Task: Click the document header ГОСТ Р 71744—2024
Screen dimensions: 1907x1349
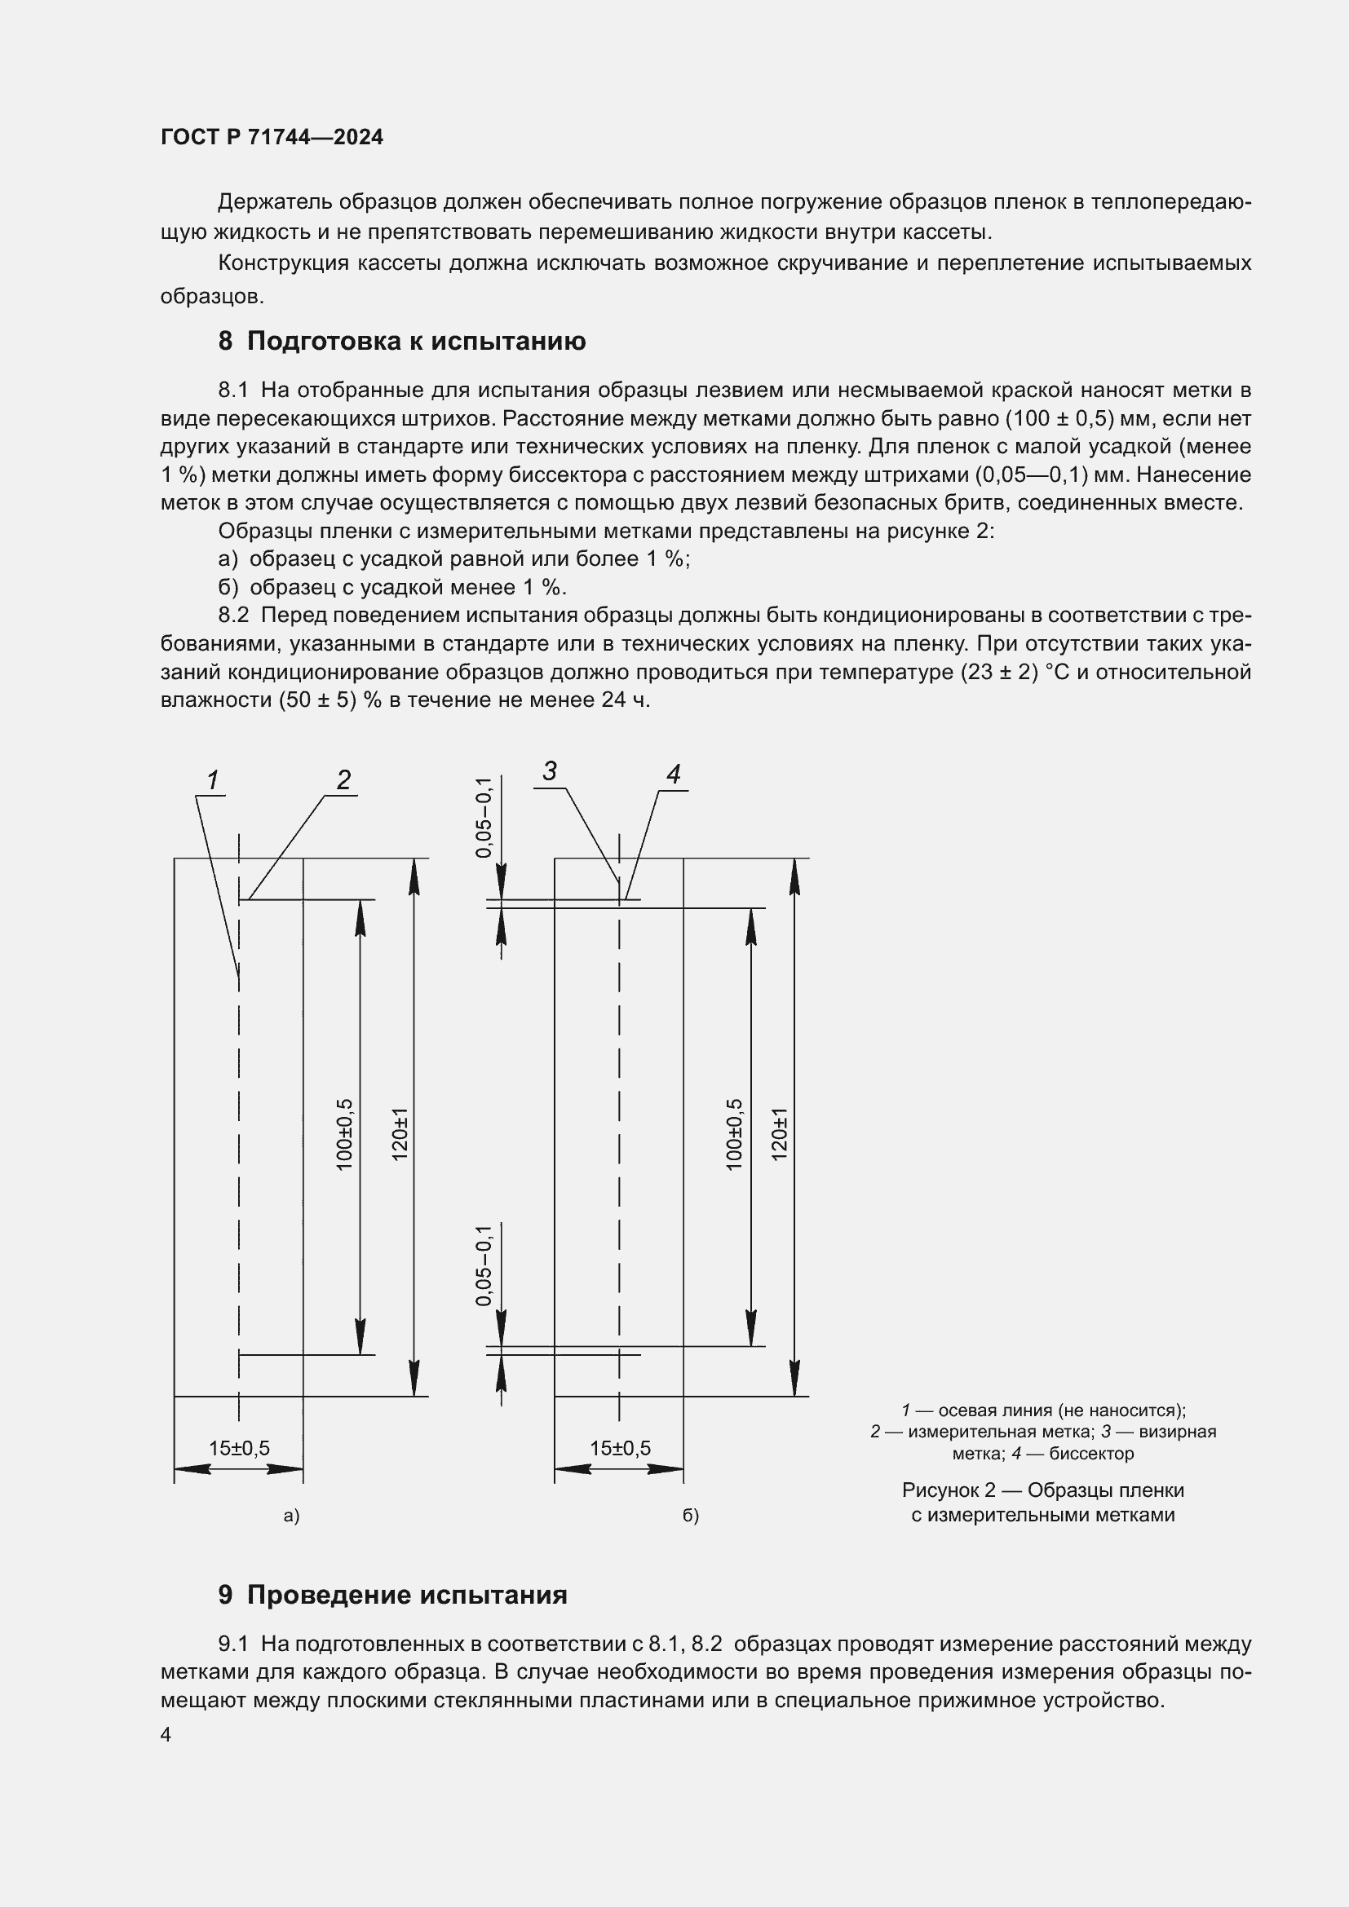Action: tap(272, 137)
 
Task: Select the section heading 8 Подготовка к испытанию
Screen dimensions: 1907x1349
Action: tap(401, 341)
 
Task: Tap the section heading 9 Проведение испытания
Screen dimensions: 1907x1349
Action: tap(392, 1595)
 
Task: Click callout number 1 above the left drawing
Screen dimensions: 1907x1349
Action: tap(213, 780)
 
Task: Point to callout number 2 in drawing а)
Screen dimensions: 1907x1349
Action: tap(343, 779)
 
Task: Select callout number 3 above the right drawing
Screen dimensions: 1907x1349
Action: tap(549, 771)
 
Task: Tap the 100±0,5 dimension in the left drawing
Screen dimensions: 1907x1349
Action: tap(345, 1135)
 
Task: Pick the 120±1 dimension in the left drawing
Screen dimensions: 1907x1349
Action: tap(400, 1135)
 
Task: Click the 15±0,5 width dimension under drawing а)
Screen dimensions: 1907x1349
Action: tap(239, 1448)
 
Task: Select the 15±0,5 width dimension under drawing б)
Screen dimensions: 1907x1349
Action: tap(620, 1448)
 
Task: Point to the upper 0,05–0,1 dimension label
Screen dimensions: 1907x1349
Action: tap(484, 817)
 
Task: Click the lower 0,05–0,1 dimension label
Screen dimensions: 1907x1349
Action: tap(484, 1265)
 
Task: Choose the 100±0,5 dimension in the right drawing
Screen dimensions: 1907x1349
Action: tap(734, 1135)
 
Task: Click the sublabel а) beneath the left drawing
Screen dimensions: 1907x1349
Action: tap(290, 1516)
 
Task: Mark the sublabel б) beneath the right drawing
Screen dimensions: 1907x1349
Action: tap(690, 1516)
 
